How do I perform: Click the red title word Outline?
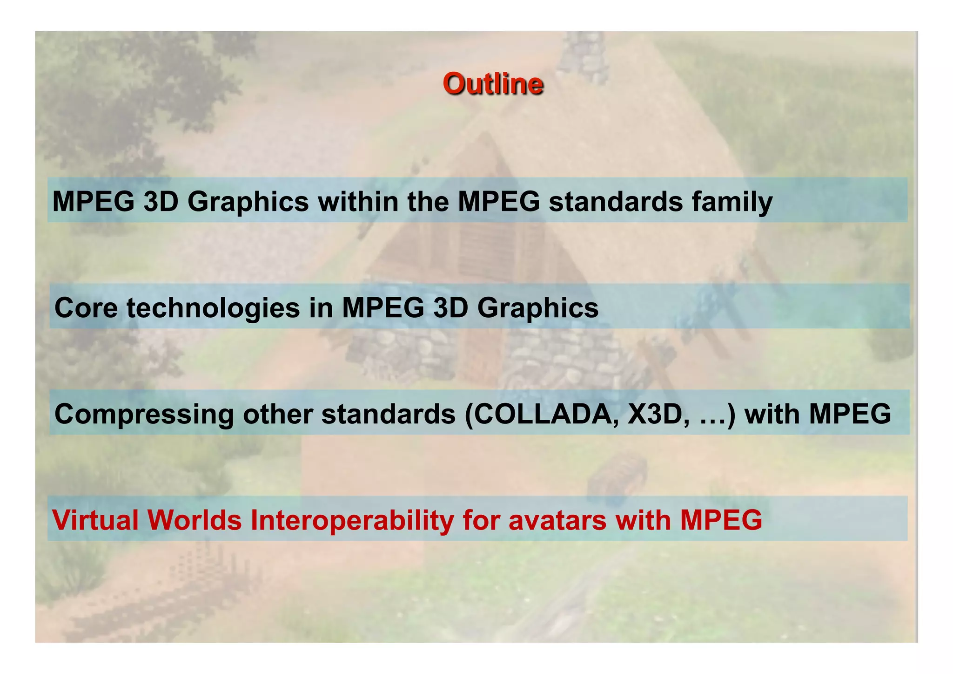[493, 84]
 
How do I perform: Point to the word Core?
[86, 308]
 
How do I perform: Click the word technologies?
[213, 308]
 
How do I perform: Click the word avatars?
[557, 520]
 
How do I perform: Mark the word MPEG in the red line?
[721, 520]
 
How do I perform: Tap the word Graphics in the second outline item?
[537, 308]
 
